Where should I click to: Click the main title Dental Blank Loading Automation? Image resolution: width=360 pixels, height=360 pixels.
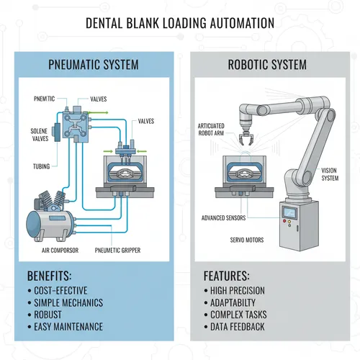179,23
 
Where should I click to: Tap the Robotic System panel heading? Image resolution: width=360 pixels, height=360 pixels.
268,65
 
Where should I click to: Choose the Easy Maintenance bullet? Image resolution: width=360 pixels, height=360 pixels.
69,327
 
